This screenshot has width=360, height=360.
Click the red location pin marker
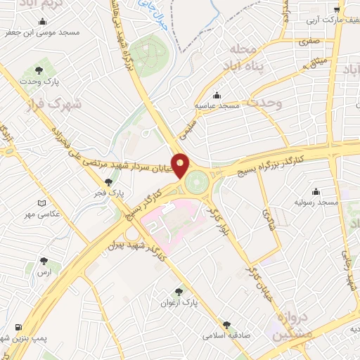click(181, 166)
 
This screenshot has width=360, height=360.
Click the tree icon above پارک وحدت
click(39, 70)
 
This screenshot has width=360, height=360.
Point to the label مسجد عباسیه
click(219, 105)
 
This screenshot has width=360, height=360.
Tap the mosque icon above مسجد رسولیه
click(316, 191)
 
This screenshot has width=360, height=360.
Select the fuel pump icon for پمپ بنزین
click(17, 327)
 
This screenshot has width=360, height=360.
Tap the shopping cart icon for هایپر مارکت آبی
click(337, 9)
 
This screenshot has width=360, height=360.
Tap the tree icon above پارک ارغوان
click(179, 291)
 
